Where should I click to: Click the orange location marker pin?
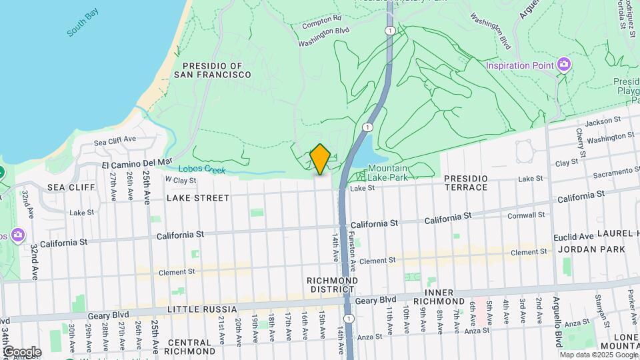tap(320, 159)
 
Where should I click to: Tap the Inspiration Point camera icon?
tap(565, 65)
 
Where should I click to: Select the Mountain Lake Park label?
tap(387, 173)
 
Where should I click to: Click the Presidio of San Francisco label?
tap(213, 70)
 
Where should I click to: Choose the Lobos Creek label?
tap(203, 170)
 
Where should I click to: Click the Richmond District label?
tap(332, 285)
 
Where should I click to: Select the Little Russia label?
tap(202, 309)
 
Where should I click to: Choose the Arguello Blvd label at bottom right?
tap(557, 328)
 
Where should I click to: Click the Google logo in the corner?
tap(22, 351)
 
